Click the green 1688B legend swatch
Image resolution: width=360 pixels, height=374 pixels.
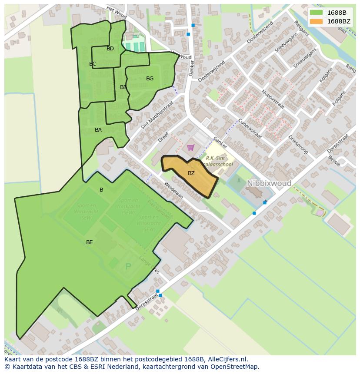point(316,13)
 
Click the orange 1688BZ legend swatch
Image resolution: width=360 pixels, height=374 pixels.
point(316,21)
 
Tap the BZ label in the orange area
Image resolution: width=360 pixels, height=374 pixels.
point(191,173)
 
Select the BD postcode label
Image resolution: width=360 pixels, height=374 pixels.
point(110,49)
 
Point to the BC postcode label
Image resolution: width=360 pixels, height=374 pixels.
point(93,64)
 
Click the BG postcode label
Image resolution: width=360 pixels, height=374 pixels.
point(150,79)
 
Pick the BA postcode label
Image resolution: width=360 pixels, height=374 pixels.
point(98,130)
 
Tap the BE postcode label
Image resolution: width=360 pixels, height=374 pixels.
point(89,242)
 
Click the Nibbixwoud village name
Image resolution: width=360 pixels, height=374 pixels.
point(269,184)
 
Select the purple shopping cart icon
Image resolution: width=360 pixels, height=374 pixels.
point(190,148)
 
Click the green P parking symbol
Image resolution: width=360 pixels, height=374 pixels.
point(128,267)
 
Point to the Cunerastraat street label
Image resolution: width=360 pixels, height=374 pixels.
point(250,129)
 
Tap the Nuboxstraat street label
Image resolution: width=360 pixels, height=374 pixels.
point(273,99)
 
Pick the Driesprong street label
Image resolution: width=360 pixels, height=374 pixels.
point(298,145)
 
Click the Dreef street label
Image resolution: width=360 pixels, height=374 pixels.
point(163,137)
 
